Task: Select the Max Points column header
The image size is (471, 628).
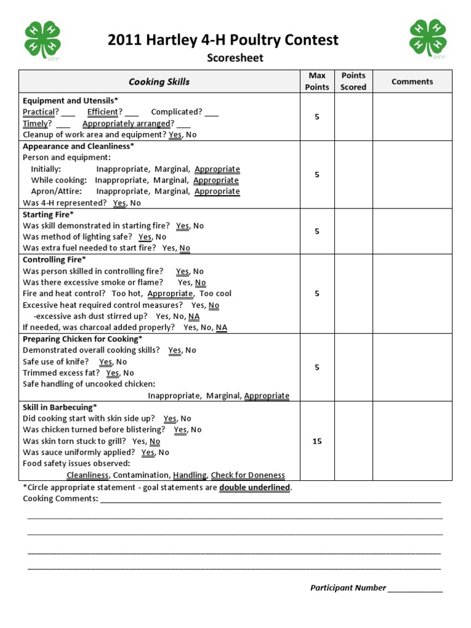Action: pyautogui.click(x=317, y=81)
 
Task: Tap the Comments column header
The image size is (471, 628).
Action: pyautogui.click(x=412, y=81)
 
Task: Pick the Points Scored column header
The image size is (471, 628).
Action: pyautogui.click(x=353, y=81)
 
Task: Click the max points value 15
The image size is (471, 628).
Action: pyautogui.click(x=317, y=441)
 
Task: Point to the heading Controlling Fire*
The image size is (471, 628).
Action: pyautogui.click(x=54, y=260)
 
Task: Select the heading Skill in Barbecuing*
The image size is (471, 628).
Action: pyautogui.click(x=59, y=407)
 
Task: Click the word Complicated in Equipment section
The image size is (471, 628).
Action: pyautogui.click(x=176, y=112)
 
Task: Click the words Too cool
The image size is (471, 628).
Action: pyautogui.click(x=215, y=294)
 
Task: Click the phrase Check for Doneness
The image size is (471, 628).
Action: pyautogui.click(x=248, y=475)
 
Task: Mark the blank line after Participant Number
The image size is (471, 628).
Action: pyautogui.click(x=415, y=588)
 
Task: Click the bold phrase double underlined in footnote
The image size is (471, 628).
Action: pyautogui.click(x=255, y=487)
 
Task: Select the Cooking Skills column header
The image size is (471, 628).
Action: pyautogui.click(x=159, y=82)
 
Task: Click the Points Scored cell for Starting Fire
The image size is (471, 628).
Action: pyautogui.click(x=353, y=231)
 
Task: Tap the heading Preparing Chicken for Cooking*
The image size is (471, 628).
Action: pyautogui.click(x=82, y=339)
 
